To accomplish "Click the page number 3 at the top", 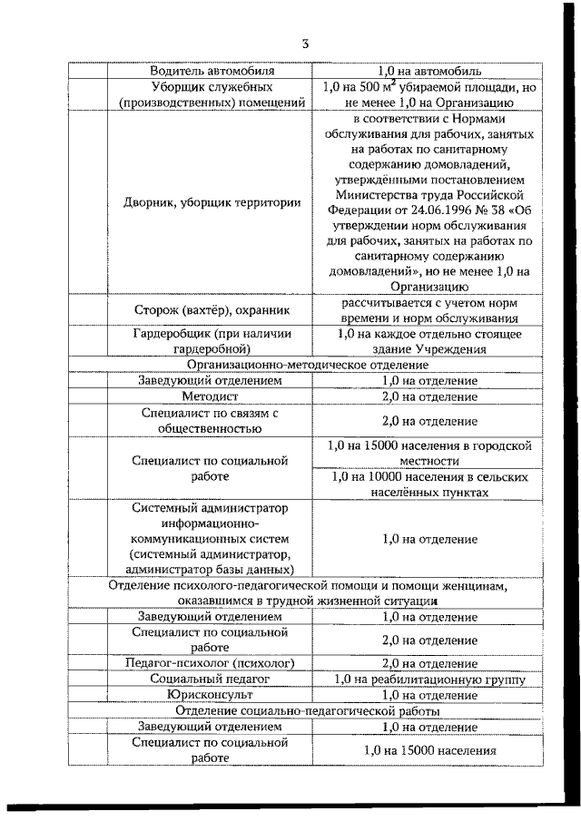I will (306, 43).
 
